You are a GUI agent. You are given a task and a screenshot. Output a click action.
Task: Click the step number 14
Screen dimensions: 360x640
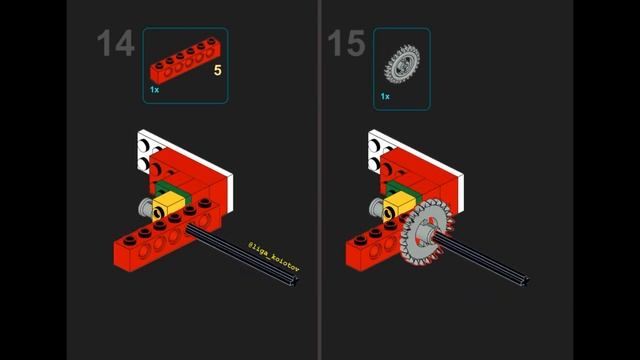point(115,45)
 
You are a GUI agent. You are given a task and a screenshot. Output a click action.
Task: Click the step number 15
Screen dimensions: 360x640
point(346,45)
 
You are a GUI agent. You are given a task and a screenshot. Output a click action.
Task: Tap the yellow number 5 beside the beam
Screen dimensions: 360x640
point(217,71)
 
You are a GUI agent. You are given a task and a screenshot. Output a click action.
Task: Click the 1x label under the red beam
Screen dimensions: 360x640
point(155,90)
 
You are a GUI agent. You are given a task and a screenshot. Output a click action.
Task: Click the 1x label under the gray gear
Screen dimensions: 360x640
point(385,97)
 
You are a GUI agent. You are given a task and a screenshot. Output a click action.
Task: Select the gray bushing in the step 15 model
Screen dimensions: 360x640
point(375,208)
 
